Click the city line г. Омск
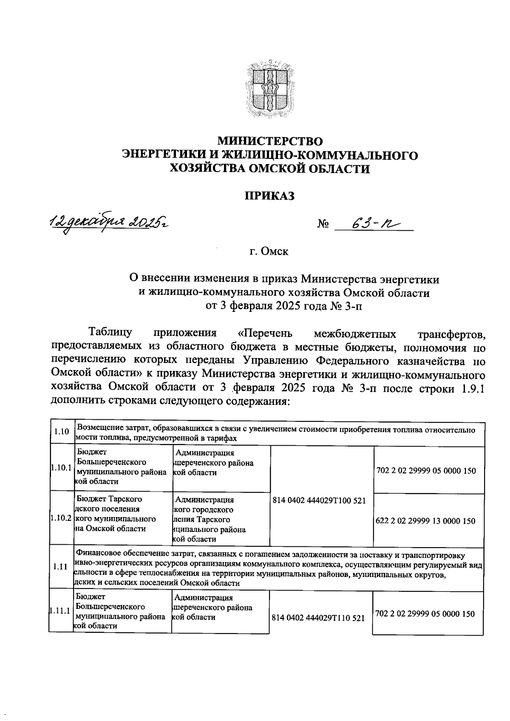(x=269, y=252)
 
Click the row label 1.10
(x=62, y=432)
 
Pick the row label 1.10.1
(x=60, y=467)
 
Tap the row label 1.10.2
(x=60, y=519)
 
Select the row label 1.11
(x=61, y=567)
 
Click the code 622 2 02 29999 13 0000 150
(x=426, y=521)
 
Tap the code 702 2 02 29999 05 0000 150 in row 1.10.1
(x=426, y=471)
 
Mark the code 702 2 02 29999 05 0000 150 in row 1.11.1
(x=425, y=614)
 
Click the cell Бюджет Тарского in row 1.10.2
(x=109, y=499)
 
